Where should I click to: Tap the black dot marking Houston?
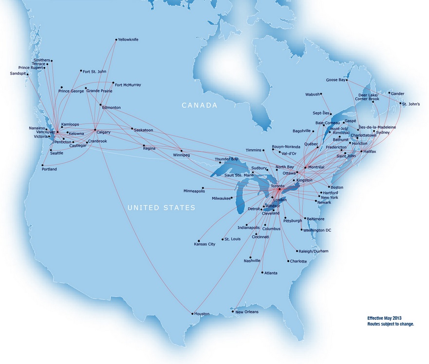pos(192,313)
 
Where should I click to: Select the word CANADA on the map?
pos(199,105)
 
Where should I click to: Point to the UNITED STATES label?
pos(161,208)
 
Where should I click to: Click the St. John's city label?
pos(410,104)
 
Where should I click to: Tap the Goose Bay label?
pos(336,80)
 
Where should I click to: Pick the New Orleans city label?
pos(247,312)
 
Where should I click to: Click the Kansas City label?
pos(205,244)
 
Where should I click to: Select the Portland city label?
pos(49,169)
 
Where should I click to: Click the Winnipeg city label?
pos(181,155)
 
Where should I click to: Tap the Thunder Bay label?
pos(226,159)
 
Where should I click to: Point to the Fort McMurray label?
pos(128,85)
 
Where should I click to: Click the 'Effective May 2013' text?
pos(385,318)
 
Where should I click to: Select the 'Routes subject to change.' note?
pos(391,324)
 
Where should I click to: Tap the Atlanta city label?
pos(270,273)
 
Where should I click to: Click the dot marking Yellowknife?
pos(116,39)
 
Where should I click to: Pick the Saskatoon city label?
pos(144,130)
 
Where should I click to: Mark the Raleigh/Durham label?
pos(314,251)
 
